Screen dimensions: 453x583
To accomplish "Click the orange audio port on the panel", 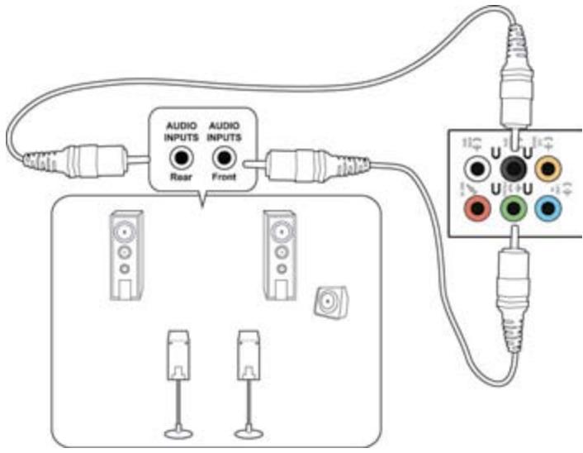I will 545,169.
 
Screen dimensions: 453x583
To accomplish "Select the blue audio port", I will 545,208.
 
